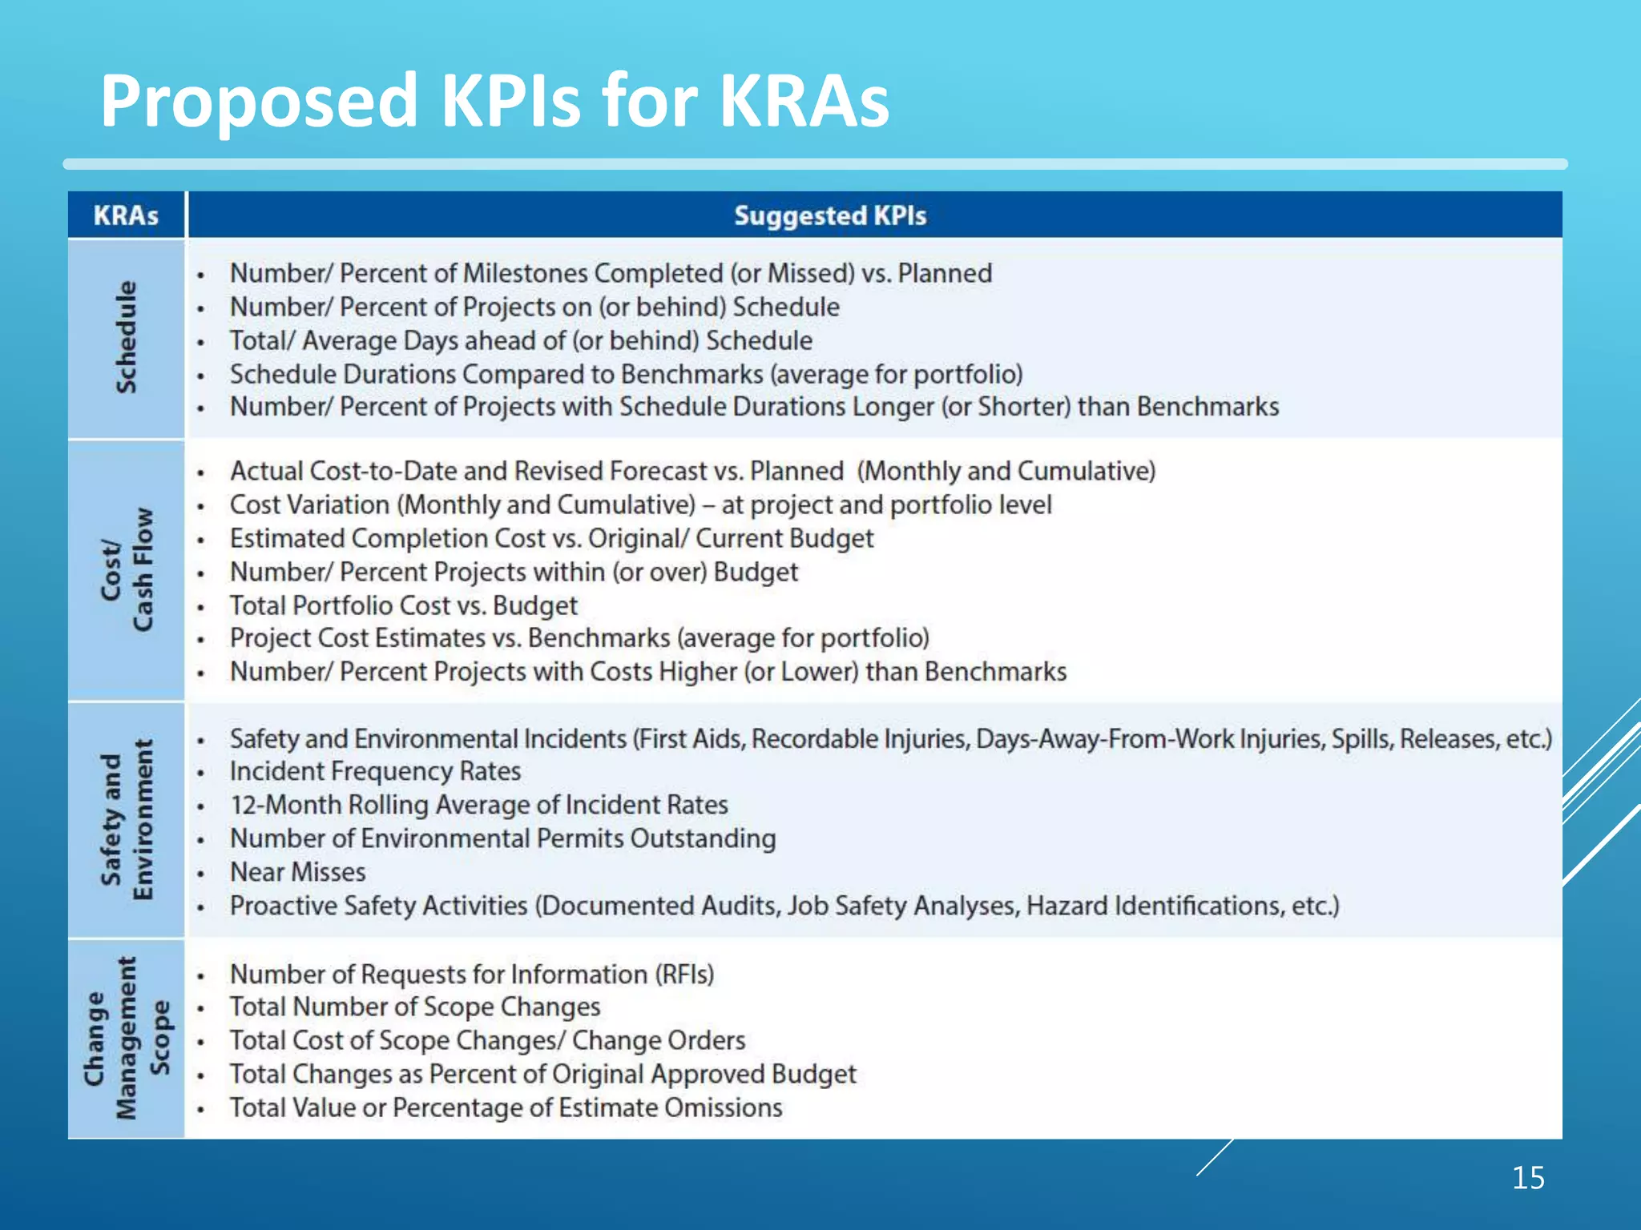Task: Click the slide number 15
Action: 1528,1178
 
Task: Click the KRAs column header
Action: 126,215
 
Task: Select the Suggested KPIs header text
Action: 830,215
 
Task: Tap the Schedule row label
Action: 126,337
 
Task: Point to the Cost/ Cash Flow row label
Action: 126,569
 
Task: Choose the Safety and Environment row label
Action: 126,819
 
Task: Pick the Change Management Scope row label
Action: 126,1038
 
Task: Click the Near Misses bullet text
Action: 297,872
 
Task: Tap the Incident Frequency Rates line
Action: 375,771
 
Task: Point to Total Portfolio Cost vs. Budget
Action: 403,605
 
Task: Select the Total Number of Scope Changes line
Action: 414,1007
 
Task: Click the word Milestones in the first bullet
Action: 525,273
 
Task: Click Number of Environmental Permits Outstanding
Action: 502,838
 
